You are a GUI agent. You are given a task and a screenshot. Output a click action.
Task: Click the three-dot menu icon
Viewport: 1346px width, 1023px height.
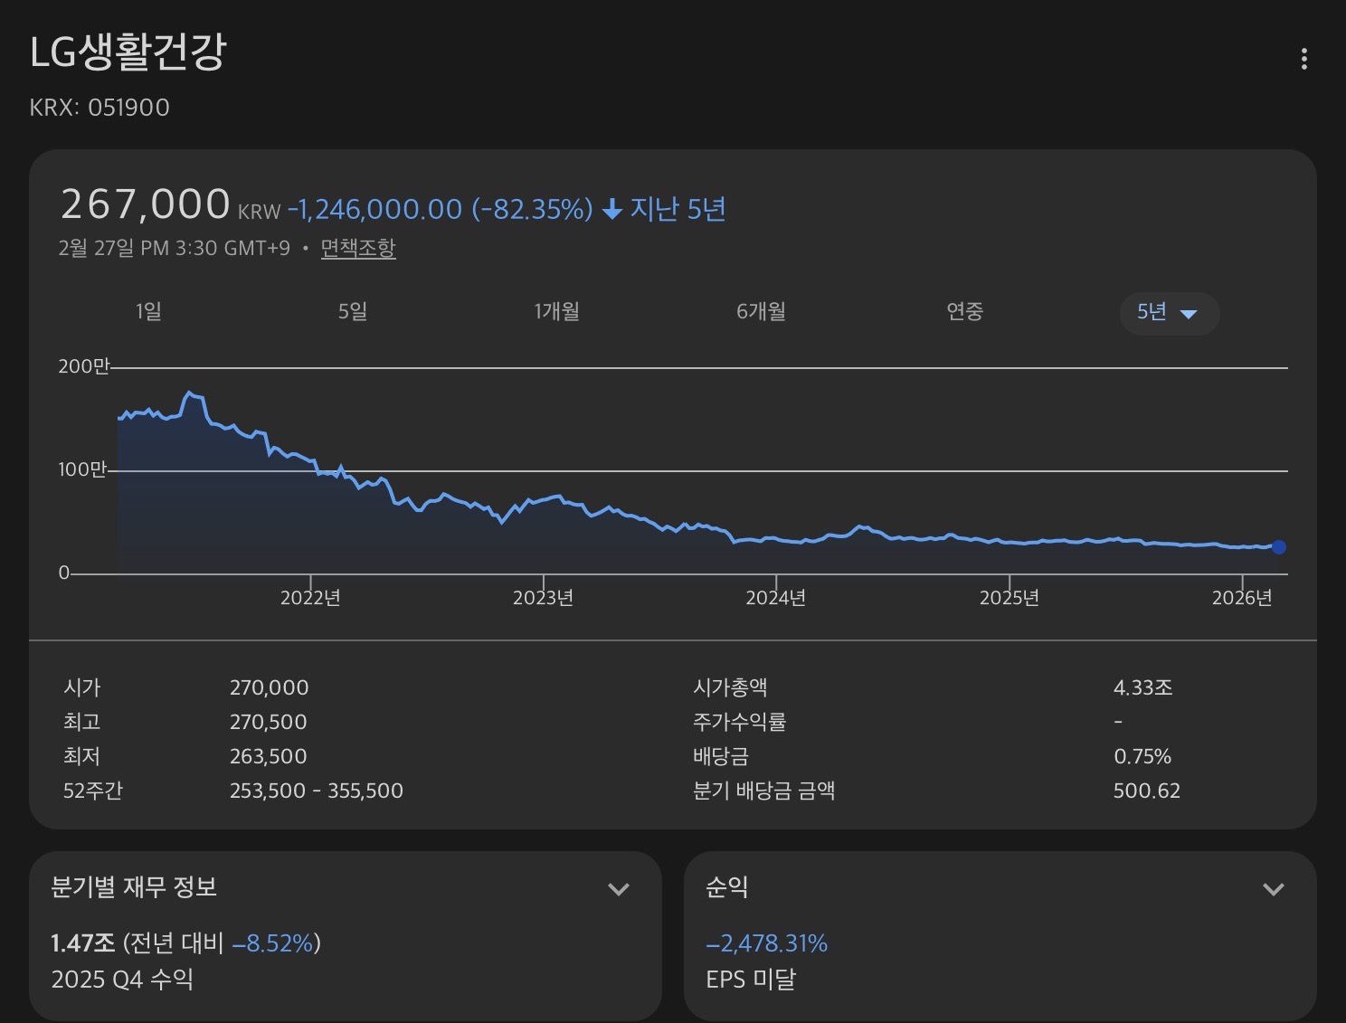(1303, 59)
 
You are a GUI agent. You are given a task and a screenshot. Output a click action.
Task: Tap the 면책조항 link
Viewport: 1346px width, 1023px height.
(358, 248)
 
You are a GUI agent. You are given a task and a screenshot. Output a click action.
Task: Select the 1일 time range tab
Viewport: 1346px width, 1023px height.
(148, 312)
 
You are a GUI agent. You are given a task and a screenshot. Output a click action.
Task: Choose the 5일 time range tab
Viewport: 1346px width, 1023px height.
(353, 312)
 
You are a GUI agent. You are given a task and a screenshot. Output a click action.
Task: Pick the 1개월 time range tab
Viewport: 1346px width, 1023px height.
(556, 312)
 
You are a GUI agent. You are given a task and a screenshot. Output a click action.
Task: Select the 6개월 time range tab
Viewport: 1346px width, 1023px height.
(761, 312)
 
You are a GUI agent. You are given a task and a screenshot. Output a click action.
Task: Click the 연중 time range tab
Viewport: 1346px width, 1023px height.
(964, 312)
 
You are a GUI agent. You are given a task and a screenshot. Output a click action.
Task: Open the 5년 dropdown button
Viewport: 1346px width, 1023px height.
(1169, 313)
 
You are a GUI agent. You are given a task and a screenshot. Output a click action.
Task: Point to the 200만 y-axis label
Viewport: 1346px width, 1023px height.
(83, 366)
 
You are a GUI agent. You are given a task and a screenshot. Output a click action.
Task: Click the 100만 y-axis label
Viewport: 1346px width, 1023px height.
(82, 469)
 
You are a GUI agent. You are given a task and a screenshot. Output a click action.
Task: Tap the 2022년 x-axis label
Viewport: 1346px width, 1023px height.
(310, 598)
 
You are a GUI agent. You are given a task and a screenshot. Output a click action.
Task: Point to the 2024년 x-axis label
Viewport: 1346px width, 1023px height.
(775, 598)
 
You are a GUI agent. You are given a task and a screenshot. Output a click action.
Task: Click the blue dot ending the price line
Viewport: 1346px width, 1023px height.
(1278, 546)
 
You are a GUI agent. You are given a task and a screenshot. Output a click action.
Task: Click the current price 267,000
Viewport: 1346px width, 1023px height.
(145, 204)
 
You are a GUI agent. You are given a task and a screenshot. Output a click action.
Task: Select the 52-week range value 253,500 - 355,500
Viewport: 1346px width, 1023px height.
(316, 791)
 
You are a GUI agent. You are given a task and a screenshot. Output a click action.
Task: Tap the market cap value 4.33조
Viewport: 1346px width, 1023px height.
(1142, 687)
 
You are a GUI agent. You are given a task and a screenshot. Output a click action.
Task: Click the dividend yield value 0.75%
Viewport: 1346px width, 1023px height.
(1142, 756)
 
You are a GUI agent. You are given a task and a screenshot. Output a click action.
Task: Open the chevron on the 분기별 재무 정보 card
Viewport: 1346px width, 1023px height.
(619, 889)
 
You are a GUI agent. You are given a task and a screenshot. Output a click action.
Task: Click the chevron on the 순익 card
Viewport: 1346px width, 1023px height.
(1273, 889)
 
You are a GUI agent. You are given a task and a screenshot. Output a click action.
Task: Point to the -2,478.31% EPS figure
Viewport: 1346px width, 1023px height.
(766, 943)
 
